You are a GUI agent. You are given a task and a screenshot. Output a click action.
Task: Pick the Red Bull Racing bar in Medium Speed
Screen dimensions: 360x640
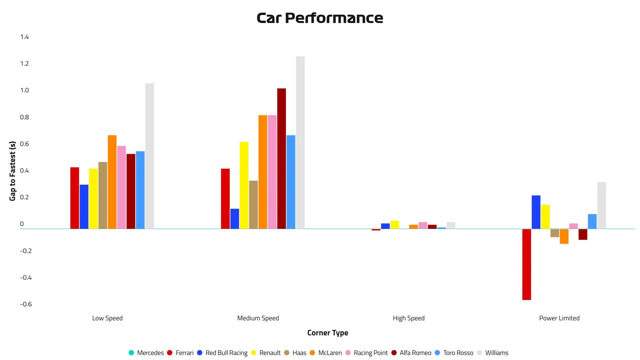[x=235, y=219]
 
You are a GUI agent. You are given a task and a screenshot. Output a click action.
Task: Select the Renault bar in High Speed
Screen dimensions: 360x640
[x=395, y=225]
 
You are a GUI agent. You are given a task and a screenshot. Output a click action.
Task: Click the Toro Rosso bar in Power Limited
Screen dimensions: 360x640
[x=592, y=221]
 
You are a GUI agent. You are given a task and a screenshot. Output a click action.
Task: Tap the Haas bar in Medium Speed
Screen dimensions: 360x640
[x=253, y=205]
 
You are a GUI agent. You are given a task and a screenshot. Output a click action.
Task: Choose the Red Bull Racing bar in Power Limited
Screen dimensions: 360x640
[x=536, y=212]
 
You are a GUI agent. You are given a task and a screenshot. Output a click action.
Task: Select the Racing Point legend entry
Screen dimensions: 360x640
[x=367, y=353]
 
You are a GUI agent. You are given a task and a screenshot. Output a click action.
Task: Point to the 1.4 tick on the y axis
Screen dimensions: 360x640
[x=24, y=37]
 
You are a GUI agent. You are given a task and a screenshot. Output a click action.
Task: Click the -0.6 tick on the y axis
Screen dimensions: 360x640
[x=26, y=304]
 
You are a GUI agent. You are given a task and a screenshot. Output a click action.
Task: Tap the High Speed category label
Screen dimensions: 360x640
[x=409, y=318]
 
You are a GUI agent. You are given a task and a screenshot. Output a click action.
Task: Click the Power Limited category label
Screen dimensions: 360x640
[x=559, y=318]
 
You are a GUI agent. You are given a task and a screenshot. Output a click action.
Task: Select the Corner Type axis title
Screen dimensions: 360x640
[x=328, y=333]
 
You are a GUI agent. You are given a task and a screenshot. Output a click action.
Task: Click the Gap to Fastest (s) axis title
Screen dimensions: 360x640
[x=12, y=171]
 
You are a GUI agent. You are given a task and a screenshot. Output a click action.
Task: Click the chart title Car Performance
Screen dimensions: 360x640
[x=320, y=18]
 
